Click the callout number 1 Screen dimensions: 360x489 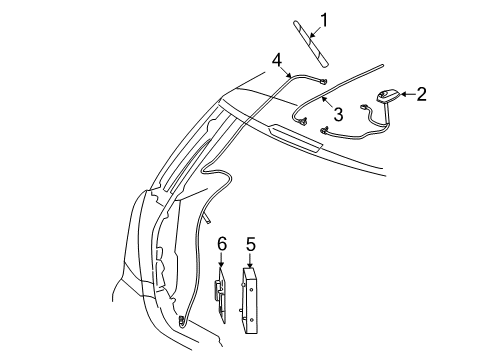323,19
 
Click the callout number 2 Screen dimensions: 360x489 421,94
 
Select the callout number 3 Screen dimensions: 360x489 338,116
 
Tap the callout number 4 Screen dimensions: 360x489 276,61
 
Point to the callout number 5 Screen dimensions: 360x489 251,243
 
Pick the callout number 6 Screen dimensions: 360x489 222,243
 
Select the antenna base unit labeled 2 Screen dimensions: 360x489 384,97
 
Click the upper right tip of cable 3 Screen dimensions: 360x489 382,64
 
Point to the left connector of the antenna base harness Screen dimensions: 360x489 326,130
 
